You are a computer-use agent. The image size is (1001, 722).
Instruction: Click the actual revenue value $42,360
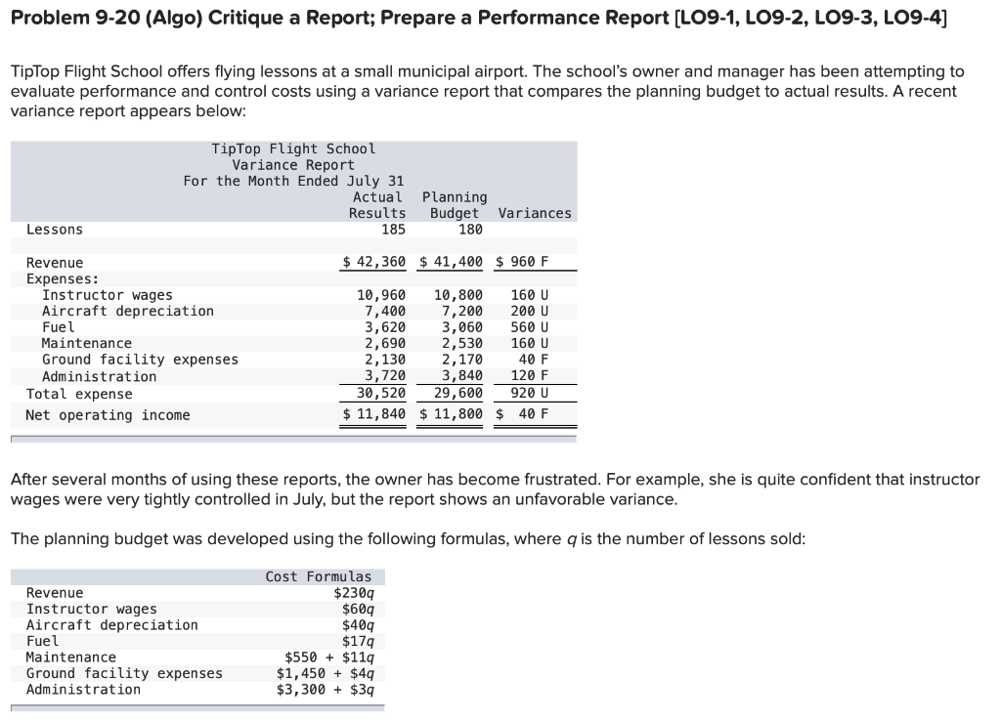point(373,262)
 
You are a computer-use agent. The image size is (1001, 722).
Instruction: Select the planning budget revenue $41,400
point(452,262)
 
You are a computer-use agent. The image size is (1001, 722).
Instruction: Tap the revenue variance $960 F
point(522,262)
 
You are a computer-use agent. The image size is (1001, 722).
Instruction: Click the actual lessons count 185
point(393,230)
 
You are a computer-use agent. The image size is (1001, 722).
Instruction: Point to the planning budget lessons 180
point(470,230)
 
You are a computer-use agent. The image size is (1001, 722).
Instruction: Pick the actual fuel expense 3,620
point(385,327)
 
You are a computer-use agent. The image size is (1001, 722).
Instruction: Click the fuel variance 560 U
point(530,327)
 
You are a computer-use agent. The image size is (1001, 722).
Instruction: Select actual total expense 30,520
point(381,394)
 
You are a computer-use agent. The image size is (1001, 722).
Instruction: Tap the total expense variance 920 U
point(530,394)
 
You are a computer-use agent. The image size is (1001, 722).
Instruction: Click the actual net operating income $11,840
point(373,414)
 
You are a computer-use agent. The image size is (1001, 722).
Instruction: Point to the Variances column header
point(535,213)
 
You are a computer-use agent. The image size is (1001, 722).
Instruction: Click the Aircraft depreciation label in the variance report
point(127,311)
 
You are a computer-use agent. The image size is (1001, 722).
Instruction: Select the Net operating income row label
point(108,415)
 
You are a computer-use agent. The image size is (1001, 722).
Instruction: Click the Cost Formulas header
point(319,576)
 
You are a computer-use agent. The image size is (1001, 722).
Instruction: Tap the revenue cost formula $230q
point(353,593)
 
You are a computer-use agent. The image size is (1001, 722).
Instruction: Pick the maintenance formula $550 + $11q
point(328,658)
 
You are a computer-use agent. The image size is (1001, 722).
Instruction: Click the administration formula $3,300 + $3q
point(325,690)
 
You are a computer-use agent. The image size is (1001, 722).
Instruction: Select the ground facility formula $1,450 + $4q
point(325,673)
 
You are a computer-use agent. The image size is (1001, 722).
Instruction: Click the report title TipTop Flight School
point(293,149)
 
